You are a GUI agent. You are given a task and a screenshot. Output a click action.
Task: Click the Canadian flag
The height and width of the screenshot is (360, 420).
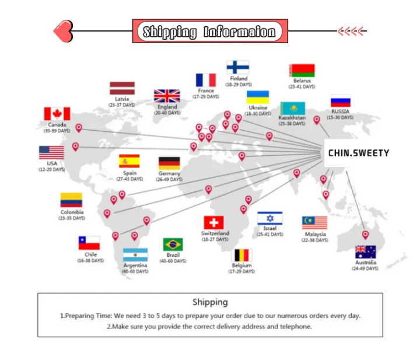pyautogui.click(x=57, y=114)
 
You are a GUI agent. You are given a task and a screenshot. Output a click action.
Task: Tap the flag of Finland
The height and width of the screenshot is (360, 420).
pyautogui.click(x=238, y=67)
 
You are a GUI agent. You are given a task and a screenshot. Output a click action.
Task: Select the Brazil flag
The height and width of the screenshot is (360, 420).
pyautogui.click(x=173, y=244)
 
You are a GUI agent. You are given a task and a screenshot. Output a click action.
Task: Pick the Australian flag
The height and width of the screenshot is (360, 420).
pyautogui.click(x=366, y=252)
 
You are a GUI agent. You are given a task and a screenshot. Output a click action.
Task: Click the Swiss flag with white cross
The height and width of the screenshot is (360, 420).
pyautogui.click(x=214, y=222)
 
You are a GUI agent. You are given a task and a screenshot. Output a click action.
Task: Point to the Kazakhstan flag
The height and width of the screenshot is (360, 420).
pyautogui.click(x=292, y=109)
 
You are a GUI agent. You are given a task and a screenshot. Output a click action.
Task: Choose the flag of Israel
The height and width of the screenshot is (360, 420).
pyautogui.click(x=269, y=218)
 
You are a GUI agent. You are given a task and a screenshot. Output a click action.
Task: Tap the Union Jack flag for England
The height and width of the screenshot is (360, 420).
pyautogui.click(x=167, y=96)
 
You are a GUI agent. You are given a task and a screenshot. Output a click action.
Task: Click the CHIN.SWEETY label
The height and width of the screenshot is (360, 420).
pyautogui.click(x=358, y=153)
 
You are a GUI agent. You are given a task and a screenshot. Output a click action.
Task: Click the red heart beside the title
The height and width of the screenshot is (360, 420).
pyautogui.click(x=63, y=31)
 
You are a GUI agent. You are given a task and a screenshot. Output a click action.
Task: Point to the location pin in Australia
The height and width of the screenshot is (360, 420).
pyautogui.click(x=365, y=235)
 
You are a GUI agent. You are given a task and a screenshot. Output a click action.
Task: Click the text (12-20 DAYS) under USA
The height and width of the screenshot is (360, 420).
pyautogui.click(x=52, y=170)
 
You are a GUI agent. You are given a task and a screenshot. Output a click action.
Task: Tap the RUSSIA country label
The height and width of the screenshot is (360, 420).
pyautogui.click(x=340, y=111)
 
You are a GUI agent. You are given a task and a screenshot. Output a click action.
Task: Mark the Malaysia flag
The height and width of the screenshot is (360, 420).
pyautogui.click(x=314, y=223)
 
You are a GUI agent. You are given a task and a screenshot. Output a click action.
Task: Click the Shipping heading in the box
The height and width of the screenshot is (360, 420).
pyautogui.click(x=210, y=302)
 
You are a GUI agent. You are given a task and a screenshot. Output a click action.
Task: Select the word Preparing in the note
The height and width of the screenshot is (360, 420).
pyautogui.click(x=79, y=316)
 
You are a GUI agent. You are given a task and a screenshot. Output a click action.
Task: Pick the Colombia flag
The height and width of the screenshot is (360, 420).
pyautogui.click(x=71, y=200)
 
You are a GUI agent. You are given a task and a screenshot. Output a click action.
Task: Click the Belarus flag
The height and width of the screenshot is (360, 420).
pyautogui.click(x=302, y=71)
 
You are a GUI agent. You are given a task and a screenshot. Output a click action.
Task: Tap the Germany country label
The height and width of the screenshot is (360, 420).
pyautogui.click(x=169, y=174)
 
